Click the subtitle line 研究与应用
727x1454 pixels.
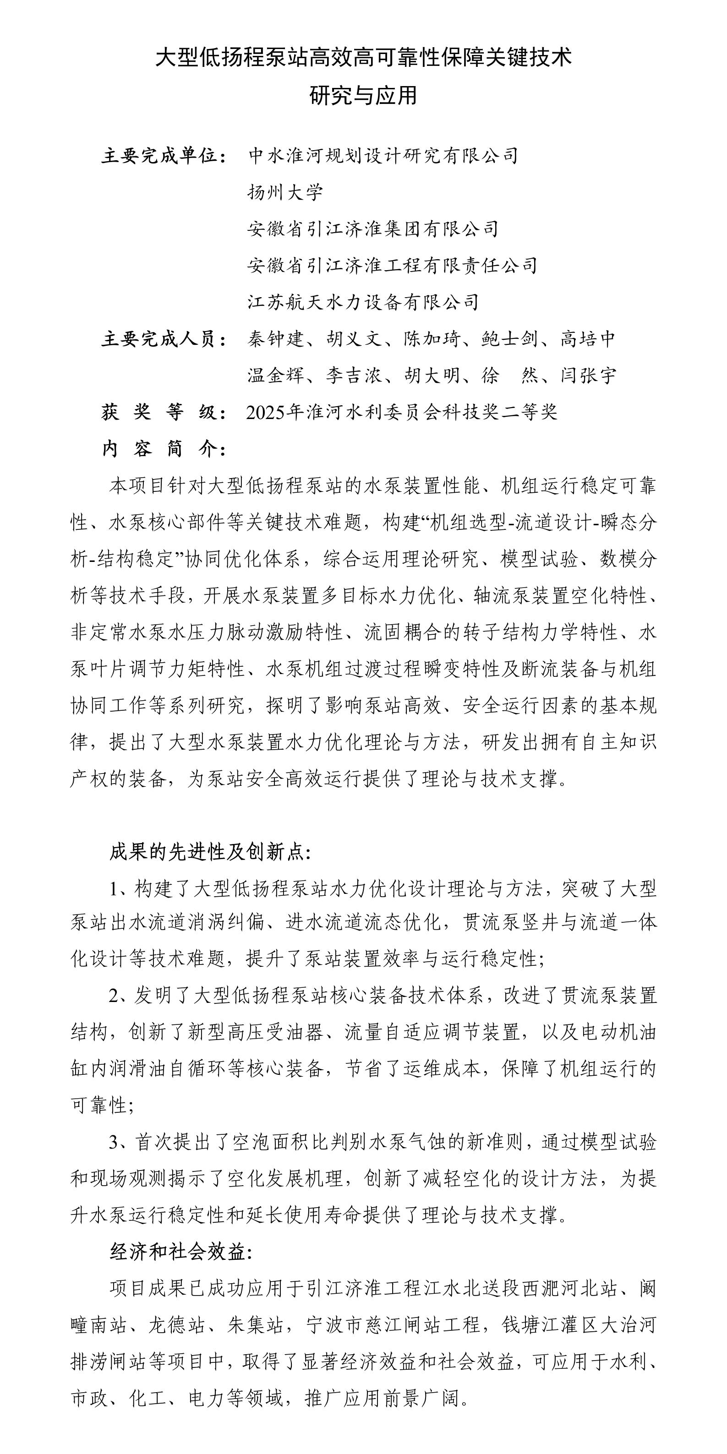(x=364, y=95)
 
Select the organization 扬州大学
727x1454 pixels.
(x=285, y=192)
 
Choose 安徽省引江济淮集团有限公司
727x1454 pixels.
(x=373, y=229)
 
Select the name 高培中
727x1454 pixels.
(x=588, y=339)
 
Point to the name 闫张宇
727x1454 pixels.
(x=588, y=376)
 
